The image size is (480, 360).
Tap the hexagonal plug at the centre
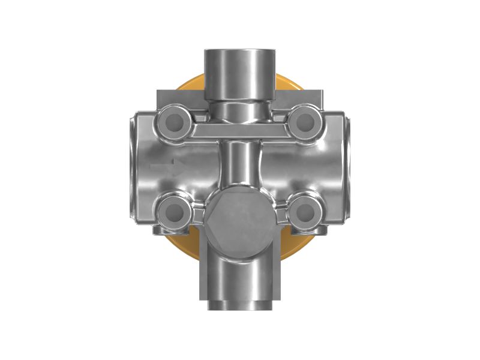pos(239,220)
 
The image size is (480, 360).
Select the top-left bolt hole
pos(174,123)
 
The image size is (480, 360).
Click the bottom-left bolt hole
pos(174,211)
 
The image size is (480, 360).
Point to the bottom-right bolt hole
pos(305,211)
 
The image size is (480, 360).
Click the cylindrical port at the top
pos(239,72)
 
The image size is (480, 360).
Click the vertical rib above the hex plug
pos(239,165)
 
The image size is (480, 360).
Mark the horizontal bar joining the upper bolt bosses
pos(239,131)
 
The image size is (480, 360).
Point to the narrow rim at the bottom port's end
pos(239,305)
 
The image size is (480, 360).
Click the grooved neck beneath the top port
pos(239,110)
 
